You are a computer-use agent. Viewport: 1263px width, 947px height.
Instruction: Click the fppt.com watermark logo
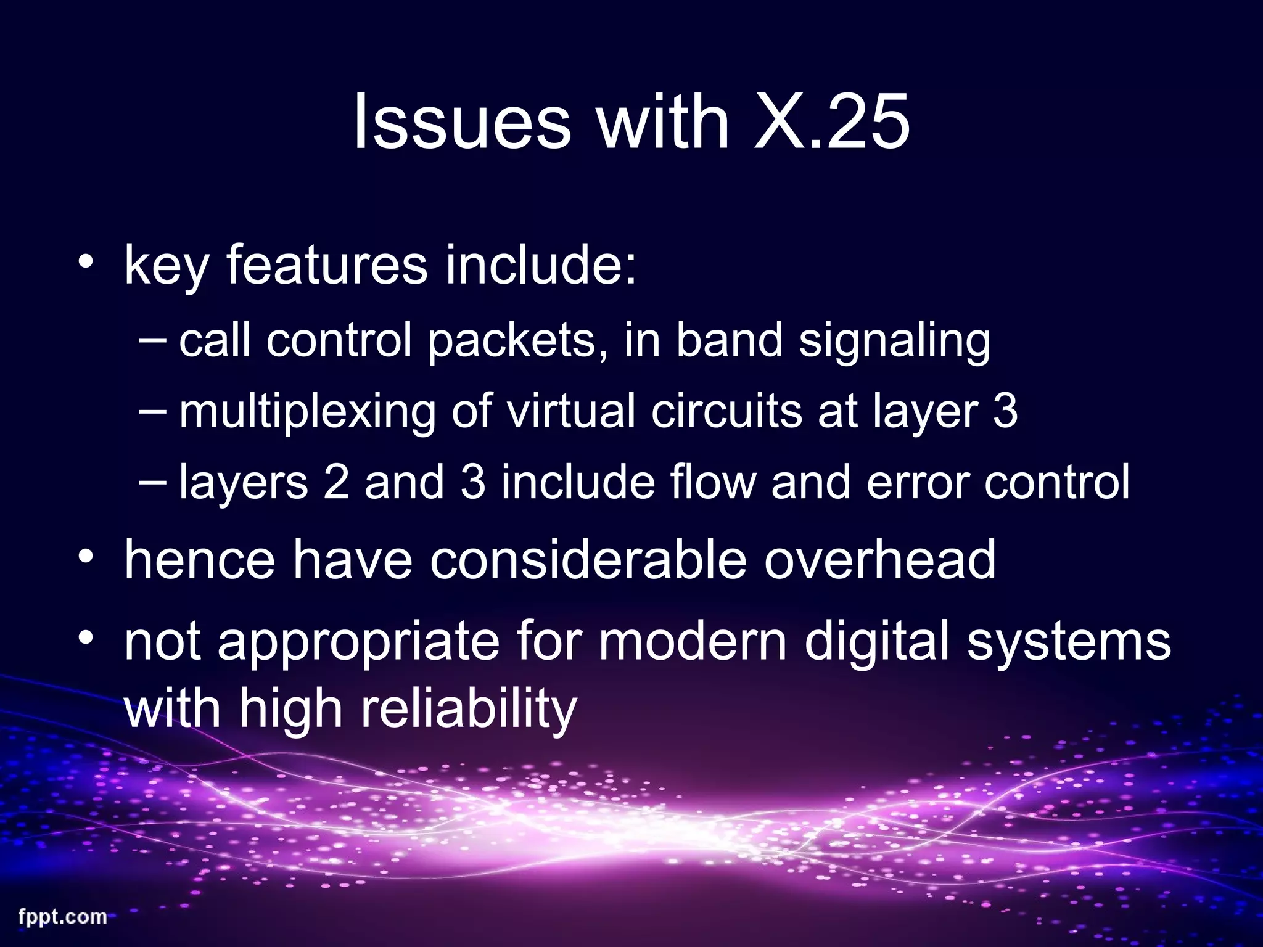[x=63, y=917]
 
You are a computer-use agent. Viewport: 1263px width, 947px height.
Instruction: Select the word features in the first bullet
[x=327, y=265]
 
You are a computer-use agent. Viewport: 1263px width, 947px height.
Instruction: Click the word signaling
[x=894, y=341]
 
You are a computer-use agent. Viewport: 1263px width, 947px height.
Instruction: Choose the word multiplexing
[x=307, y=412]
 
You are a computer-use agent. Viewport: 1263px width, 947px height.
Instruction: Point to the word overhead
[x=880, y=559]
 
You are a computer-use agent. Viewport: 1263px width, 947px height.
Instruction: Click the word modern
[x=692, y=641]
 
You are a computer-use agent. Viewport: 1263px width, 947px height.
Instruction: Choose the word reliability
[x=469, y=709]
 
